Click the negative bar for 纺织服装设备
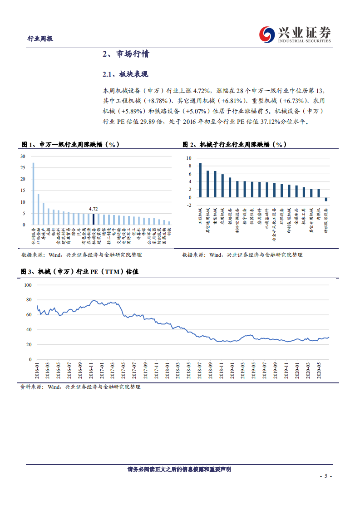tap(326, 199)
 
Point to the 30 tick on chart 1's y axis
tap(23, 156)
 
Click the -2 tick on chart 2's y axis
tap(188, 206)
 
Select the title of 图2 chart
tap(234, 144)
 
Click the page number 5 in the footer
tap(326, 476)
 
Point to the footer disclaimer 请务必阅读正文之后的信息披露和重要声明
tap(179, 470)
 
